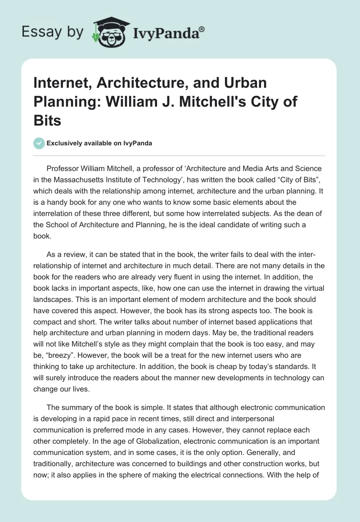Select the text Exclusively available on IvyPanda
point(99,143)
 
